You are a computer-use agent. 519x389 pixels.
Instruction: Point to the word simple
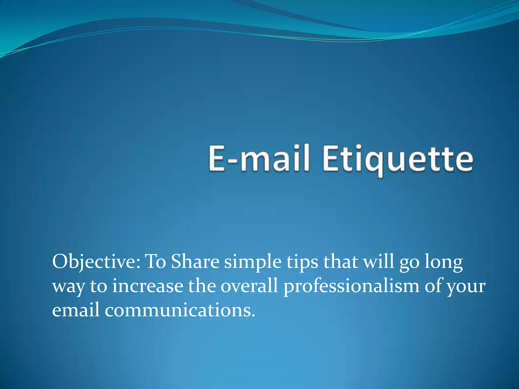pos(253,262)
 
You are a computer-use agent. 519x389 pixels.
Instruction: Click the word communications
pos(180,310)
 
